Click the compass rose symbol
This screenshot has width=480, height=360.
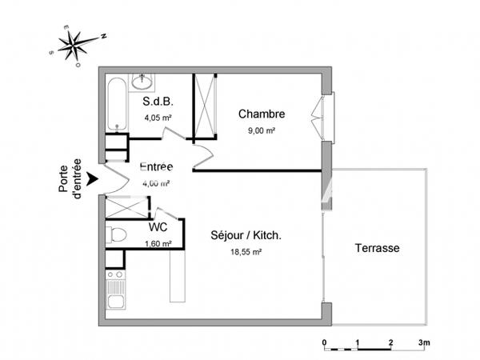coord(77,44)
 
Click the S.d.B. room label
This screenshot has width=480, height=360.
coord(158,102)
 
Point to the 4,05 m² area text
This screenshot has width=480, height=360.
coord(158,118)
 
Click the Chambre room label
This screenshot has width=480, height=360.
coord(262,114)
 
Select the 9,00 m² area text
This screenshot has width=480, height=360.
coord(261,130)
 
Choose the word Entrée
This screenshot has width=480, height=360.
coord(157,167)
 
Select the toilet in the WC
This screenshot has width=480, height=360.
coord(117,234)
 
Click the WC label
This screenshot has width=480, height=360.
coord(158,227)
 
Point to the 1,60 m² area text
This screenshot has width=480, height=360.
coord(158,244)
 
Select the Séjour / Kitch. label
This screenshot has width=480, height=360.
coord(246,235)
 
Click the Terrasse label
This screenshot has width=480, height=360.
coord(377,249)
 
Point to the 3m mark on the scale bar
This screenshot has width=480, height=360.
coord(423,342)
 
